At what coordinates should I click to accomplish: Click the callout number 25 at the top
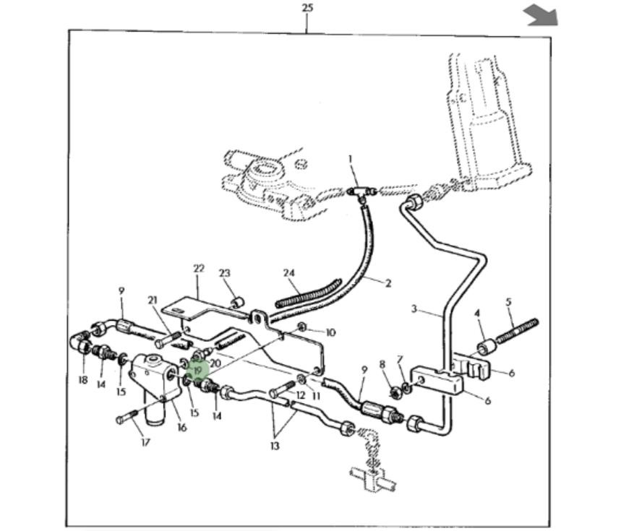tap(307, 8)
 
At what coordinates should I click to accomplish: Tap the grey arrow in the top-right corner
tap(541, 14)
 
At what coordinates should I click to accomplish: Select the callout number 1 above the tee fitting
tap(351, 158)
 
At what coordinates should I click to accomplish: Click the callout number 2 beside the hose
tap(387, 283)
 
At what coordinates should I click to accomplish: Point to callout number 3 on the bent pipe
tap(414, 309)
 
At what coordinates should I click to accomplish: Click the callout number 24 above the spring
tap(289, 273)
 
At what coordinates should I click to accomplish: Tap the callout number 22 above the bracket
tap(199, 269)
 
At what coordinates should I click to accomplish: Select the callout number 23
tap(225, 273)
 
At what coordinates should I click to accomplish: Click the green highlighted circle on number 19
tap(197, 370)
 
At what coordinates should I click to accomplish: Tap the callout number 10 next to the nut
tap(330, 333)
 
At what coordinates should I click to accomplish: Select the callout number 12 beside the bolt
tap(301, 394)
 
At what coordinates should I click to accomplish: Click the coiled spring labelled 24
tap(308, 290)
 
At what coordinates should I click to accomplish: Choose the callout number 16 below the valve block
tap(181, 428)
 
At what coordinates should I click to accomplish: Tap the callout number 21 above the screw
tap(153, 301)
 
